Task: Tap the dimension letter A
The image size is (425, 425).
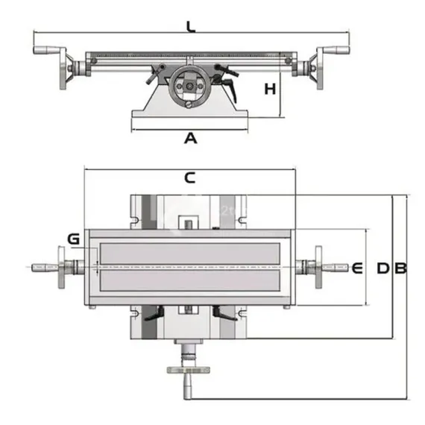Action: click(190, 138)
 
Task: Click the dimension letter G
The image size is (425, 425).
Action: click(73, 239)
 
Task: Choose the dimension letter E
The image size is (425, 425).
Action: click(356, 268)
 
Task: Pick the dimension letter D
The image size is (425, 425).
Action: click(382, 268)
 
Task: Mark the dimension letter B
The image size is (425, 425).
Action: click(400, 268)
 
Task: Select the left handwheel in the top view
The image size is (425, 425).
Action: click(60, 267)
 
